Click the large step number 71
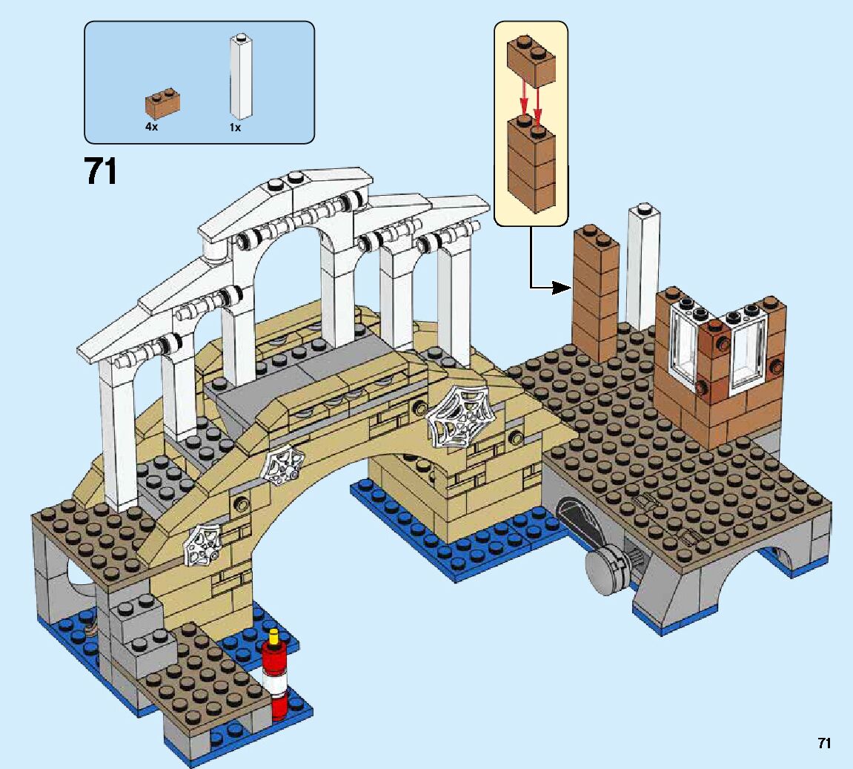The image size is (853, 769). pos(102,171)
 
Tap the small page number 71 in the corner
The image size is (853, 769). pos(823,743)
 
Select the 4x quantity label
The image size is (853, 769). pos(151,127)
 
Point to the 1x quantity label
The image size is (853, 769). pos(235,127)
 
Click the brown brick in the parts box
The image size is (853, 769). pos(164,105)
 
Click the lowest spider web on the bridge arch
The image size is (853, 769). pos(203,545)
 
